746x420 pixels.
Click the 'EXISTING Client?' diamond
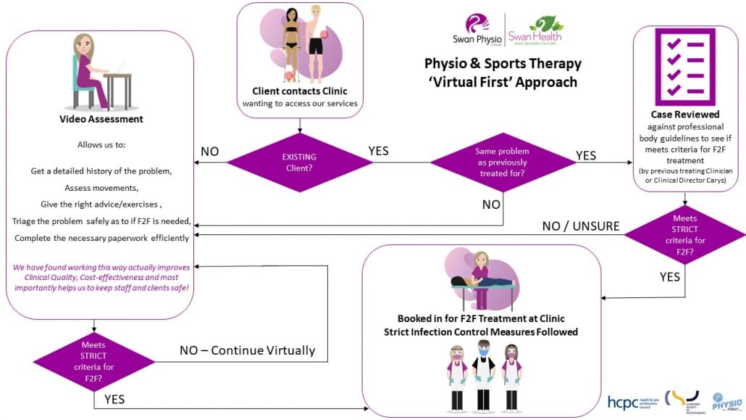coord(299,161)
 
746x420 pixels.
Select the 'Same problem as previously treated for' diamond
coord(503,161)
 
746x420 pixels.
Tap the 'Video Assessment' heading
coord(101,119)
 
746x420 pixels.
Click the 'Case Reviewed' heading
coord(684,114)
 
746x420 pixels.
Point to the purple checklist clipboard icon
coord(684,67)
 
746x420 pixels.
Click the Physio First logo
coord(724,401)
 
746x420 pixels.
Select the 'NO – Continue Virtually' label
coord(247,350)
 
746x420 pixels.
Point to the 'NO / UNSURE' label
coord(581,226)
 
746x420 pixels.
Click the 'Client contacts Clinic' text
coord(299,91)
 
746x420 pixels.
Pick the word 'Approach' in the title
coord(549,82)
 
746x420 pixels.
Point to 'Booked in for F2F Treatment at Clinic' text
coord(481,318)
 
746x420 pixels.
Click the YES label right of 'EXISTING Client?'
coord(378,151)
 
